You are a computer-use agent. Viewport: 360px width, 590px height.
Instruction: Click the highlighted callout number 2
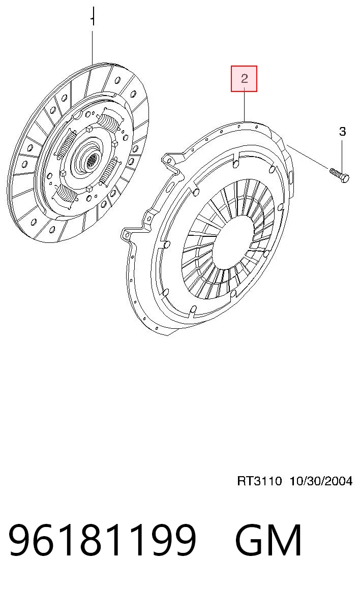pos(244,79)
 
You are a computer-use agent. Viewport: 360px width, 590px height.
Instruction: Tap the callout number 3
pos(342,131)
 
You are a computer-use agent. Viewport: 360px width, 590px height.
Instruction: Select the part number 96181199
pos(102,540)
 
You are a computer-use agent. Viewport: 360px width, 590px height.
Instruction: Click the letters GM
pos(268,540)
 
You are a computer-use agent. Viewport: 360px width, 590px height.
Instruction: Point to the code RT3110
pos(259,481)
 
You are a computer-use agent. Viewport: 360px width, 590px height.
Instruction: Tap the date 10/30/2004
pos(321,481)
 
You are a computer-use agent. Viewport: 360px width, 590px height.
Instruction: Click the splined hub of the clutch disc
pos(91,161)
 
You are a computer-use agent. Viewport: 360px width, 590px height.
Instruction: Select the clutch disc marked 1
pos(78,152)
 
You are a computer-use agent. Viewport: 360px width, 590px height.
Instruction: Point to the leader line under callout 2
pos(245,106)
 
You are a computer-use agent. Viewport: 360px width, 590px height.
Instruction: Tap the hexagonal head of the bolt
pos(344,178)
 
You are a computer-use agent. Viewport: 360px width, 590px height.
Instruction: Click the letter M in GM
pos(285,540)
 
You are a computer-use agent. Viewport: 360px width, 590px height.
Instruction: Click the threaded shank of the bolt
pos(335,172)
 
